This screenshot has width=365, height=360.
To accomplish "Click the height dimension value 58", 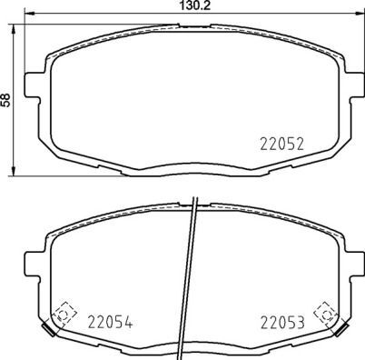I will (x=7, y=99).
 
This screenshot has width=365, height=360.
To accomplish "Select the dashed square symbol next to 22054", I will (x=64, y=313).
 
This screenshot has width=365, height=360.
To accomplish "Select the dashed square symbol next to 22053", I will (x=322, y=313).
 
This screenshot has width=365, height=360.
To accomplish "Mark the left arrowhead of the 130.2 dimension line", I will (x=27, y=16).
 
